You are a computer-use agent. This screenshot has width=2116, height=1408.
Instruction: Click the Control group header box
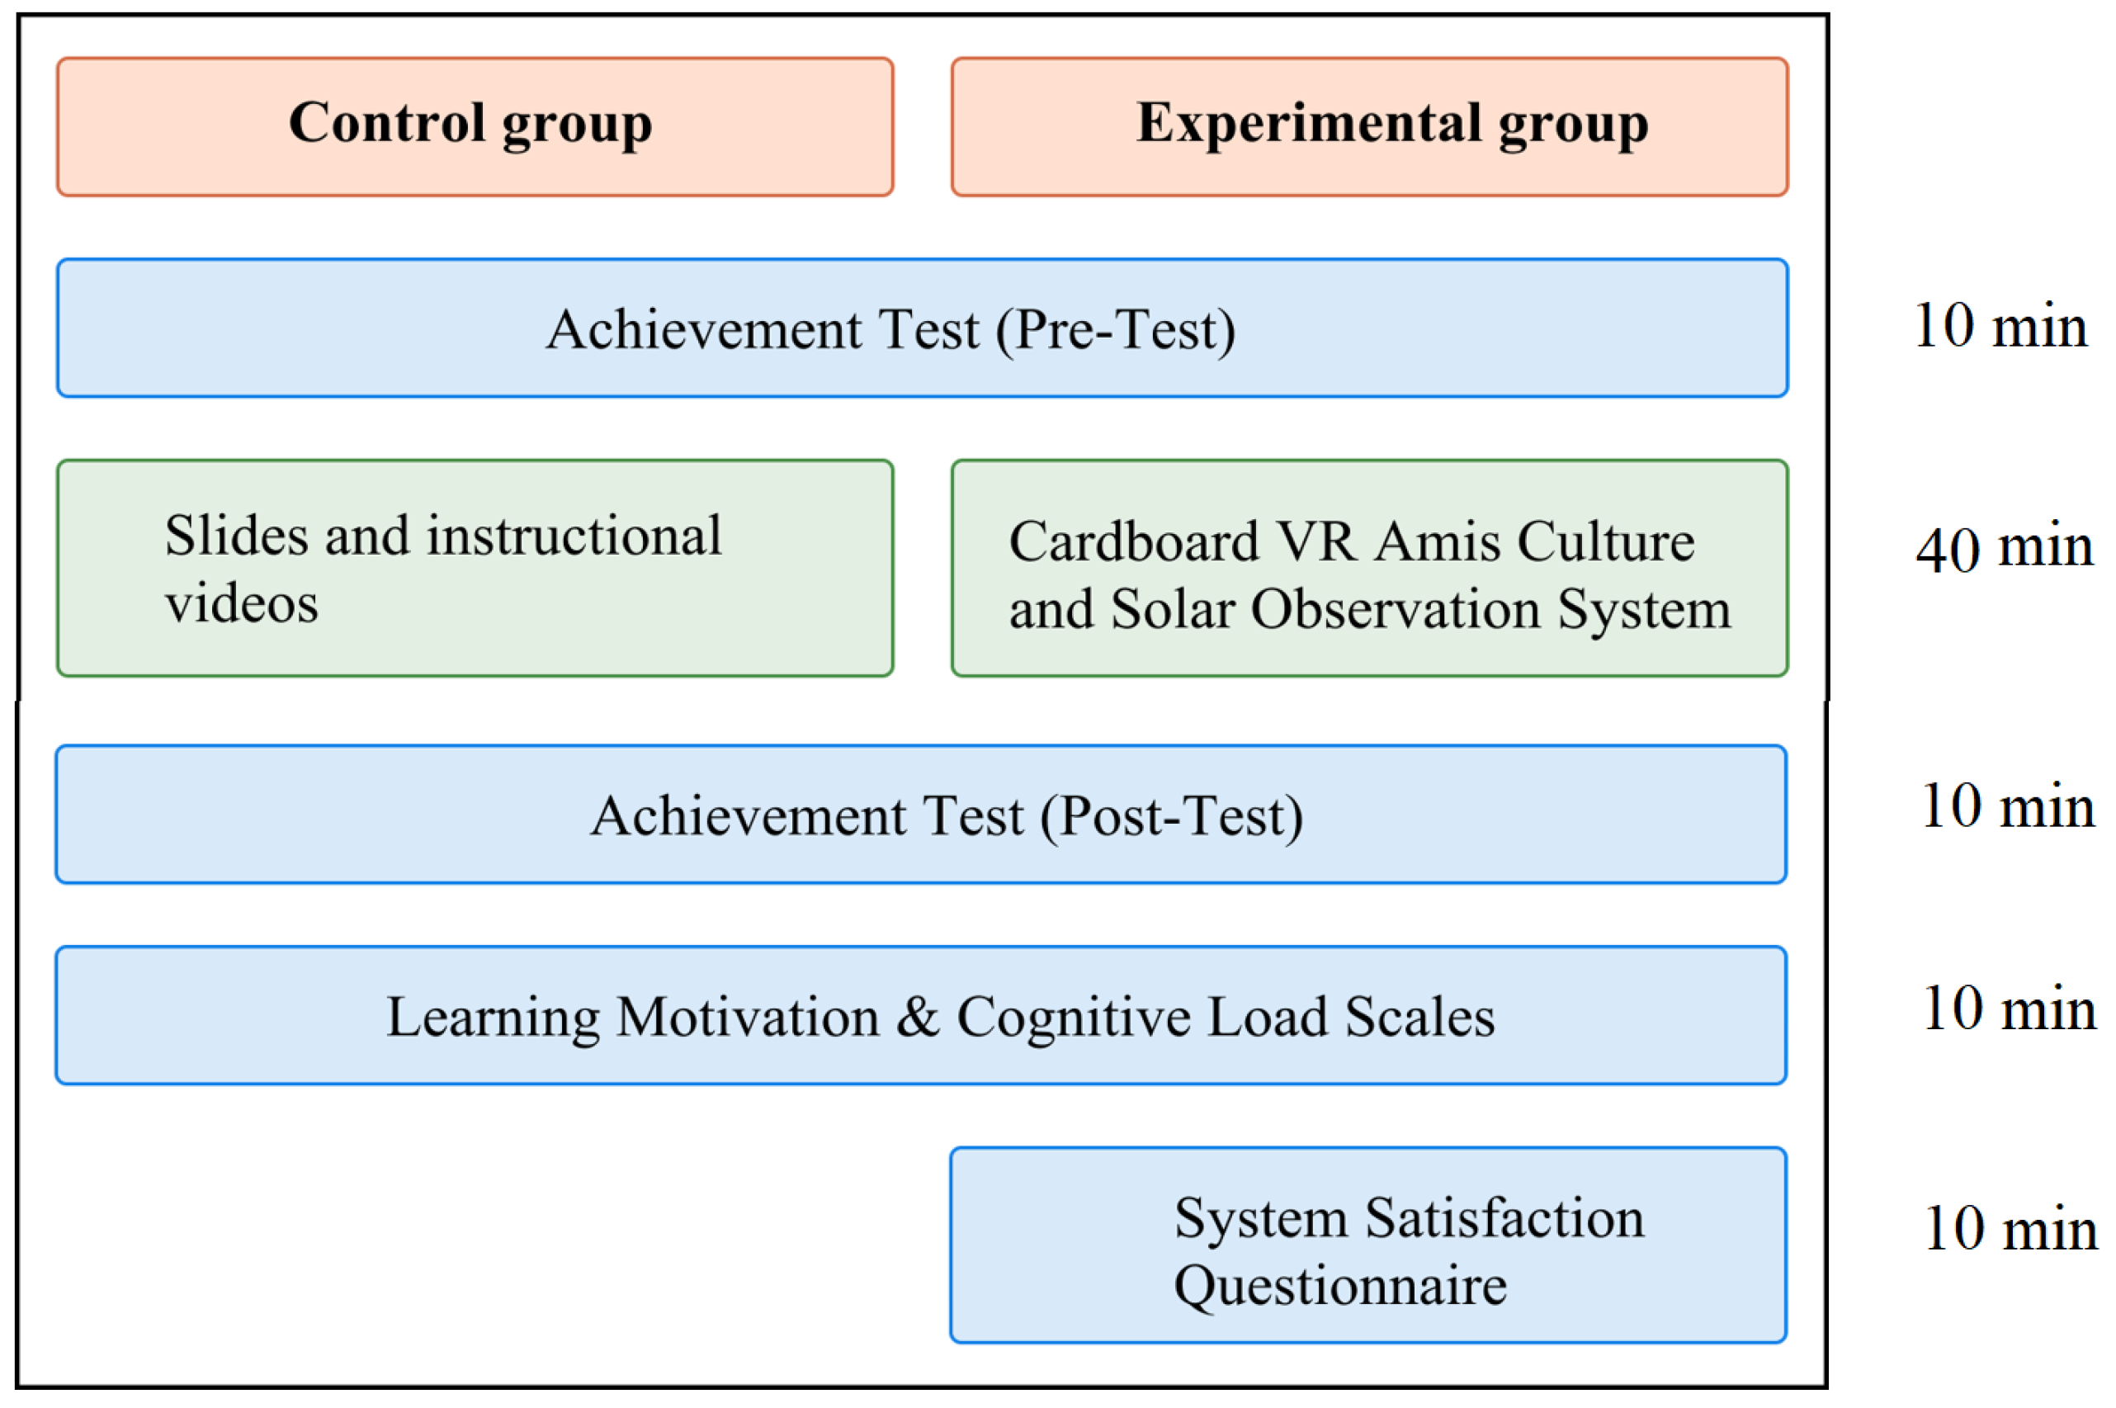[x=474, y=126]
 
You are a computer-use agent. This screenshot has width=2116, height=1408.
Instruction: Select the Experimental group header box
[x=1369, y=126]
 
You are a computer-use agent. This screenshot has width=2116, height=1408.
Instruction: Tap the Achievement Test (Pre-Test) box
[x=922, y=328]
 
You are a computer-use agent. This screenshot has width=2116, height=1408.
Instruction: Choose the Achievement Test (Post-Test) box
[x=920, y=815]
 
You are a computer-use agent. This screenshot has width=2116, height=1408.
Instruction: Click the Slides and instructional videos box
[x=474, y=569]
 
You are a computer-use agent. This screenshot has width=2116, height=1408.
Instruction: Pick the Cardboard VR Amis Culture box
[x=1369, y=569]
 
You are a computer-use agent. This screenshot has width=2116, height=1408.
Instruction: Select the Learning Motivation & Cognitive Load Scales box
[x=920, y=1017]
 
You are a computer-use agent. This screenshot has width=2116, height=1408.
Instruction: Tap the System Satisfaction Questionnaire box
[x=1367, y=1245]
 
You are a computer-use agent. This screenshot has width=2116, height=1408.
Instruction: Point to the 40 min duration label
[x=2004, y=548]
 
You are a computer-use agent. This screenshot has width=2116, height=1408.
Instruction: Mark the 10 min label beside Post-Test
[x=2007, y=806]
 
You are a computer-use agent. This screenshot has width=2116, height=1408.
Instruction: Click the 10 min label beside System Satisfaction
[x=2010, y=1228]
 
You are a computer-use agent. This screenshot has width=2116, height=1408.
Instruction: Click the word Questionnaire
[x=1339, y=1286]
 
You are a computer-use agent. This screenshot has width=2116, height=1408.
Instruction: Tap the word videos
[x=242, y=602]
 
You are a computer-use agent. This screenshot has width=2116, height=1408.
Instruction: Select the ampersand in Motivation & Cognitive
[x=918, y=1017]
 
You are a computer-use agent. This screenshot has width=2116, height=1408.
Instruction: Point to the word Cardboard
[x=1133, y=541]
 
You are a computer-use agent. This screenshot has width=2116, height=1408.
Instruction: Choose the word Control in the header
[x=387, y=122]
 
